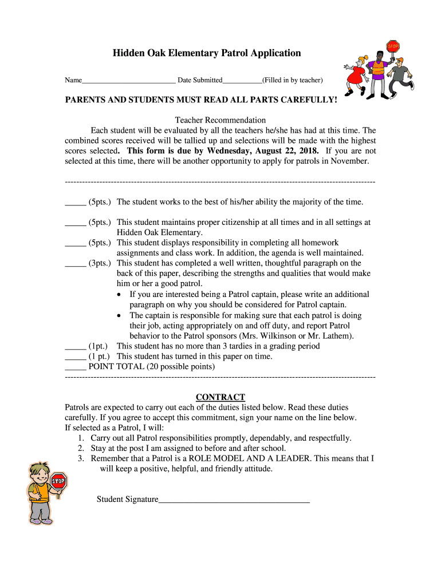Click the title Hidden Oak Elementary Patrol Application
pos(206,53)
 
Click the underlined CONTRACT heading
pos(220,397)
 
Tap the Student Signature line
pos(234,501)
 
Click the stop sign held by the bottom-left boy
pos(58,481)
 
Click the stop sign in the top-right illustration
pos(393,47)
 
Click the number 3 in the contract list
pos(81,459)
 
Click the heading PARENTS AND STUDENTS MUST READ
pos(200,100)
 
